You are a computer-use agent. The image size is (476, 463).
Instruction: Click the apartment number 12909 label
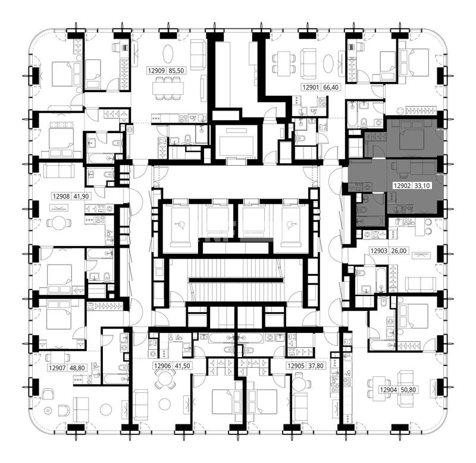(156, 71)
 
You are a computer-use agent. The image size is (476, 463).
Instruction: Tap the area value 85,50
(176, 71)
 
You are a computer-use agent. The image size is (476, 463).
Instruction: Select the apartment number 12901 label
(311, 87)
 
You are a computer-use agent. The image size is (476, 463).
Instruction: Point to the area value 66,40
(331, 87)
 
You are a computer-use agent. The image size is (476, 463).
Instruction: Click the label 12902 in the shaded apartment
(402, 185)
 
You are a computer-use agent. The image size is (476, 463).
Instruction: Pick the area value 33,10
(422, 185)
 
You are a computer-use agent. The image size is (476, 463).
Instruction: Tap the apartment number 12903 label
(379, 251)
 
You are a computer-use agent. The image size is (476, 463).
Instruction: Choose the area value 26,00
(399, 251)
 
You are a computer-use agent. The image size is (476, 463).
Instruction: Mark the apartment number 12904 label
(389, 390)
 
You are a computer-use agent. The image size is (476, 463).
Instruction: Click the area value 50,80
(408, 390)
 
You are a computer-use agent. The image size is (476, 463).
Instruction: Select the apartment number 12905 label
(296, 366)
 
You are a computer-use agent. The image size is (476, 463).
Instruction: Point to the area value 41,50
(183, 366)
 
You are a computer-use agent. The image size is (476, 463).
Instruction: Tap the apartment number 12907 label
(57, 368)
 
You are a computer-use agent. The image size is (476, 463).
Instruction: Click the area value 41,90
(82, 197)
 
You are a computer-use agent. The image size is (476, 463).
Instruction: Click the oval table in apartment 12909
(168, 53)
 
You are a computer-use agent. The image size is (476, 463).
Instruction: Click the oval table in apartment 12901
(330, 63)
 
